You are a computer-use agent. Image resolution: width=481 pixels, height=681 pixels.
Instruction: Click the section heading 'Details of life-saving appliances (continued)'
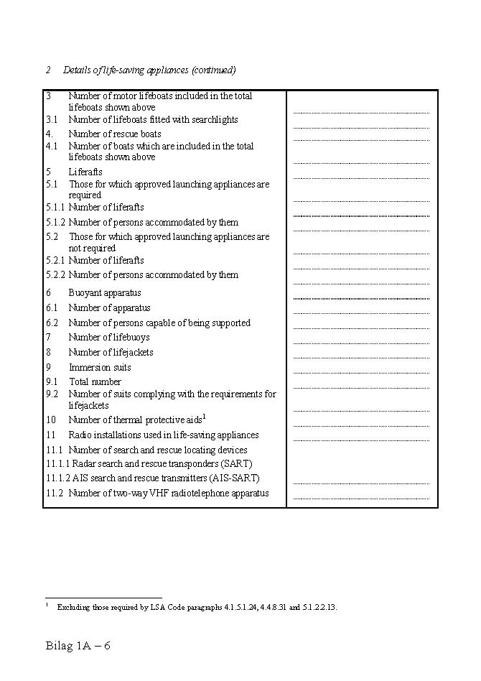(149, 70)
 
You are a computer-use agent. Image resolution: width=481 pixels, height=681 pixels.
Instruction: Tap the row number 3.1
(52, 120)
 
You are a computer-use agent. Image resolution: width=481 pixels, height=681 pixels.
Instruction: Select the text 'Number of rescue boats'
(115, 134)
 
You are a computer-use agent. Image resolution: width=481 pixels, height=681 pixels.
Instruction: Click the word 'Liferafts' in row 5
(85, 172)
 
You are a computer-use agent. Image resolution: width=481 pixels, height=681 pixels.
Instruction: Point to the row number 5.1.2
(56, 223)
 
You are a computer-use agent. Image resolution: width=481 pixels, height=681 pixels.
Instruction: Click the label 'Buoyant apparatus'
(105, 293)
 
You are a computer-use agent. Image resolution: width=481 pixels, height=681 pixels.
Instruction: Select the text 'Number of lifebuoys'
(109, 337)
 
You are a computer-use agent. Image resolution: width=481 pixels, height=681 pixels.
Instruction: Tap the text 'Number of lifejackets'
(111, 352)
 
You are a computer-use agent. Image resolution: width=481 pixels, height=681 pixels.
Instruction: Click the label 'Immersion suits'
(100, 367)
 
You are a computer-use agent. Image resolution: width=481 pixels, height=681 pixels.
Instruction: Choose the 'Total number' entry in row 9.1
(95, 381)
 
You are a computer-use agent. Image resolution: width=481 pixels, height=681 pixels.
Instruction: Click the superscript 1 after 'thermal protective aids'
(204, 417)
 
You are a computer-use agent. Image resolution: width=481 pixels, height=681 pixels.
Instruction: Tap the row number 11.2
(55, 494)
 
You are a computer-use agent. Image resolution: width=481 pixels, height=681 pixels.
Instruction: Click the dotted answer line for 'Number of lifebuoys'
(361, 343)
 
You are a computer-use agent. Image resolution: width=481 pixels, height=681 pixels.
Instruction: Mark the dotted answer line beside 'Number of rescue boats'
(361, 139)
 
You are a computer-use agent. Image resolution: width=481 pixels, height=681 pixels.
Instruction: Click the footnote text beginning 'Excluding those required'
(197, 607)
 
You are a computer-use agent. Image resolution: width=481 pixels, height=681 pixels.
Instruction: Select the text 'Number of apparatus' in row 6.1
(109, 308)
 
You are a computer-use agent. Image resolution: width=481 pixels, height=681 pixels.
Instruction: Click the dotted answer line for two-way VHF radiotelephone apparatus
(361, 499)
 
